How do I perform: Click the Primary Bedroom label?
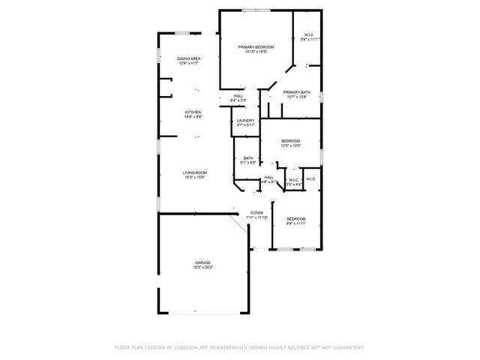point(250,46)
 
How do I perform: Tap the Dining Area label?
point(189,58)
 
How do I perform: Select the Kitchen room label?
point(193,112)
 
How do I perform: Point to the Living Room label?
point(195,172)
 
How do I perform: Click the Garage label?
point(202,262)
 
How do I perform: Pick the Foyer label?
point(256,212)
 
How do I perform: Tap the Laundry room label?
point(245,120)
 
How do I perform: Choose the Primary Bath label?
point(296,91)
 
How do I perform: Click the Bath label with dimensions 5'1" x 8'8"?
point(248,157)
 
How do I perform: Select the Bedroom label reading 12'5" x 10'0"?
point(291,141)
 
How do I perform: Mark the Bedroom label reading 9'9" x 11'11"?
point(296,218)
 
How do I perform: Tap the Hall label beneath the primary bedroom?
point(238,95)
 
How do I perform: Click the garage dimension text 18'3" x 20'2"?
point(202,267)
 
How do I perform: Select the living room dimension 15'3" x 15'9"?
point(195,177)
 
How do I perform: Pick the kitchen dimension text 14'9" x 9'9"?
point(193,117)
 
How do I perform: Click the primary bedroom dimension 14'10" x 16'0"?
point(250,52)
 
